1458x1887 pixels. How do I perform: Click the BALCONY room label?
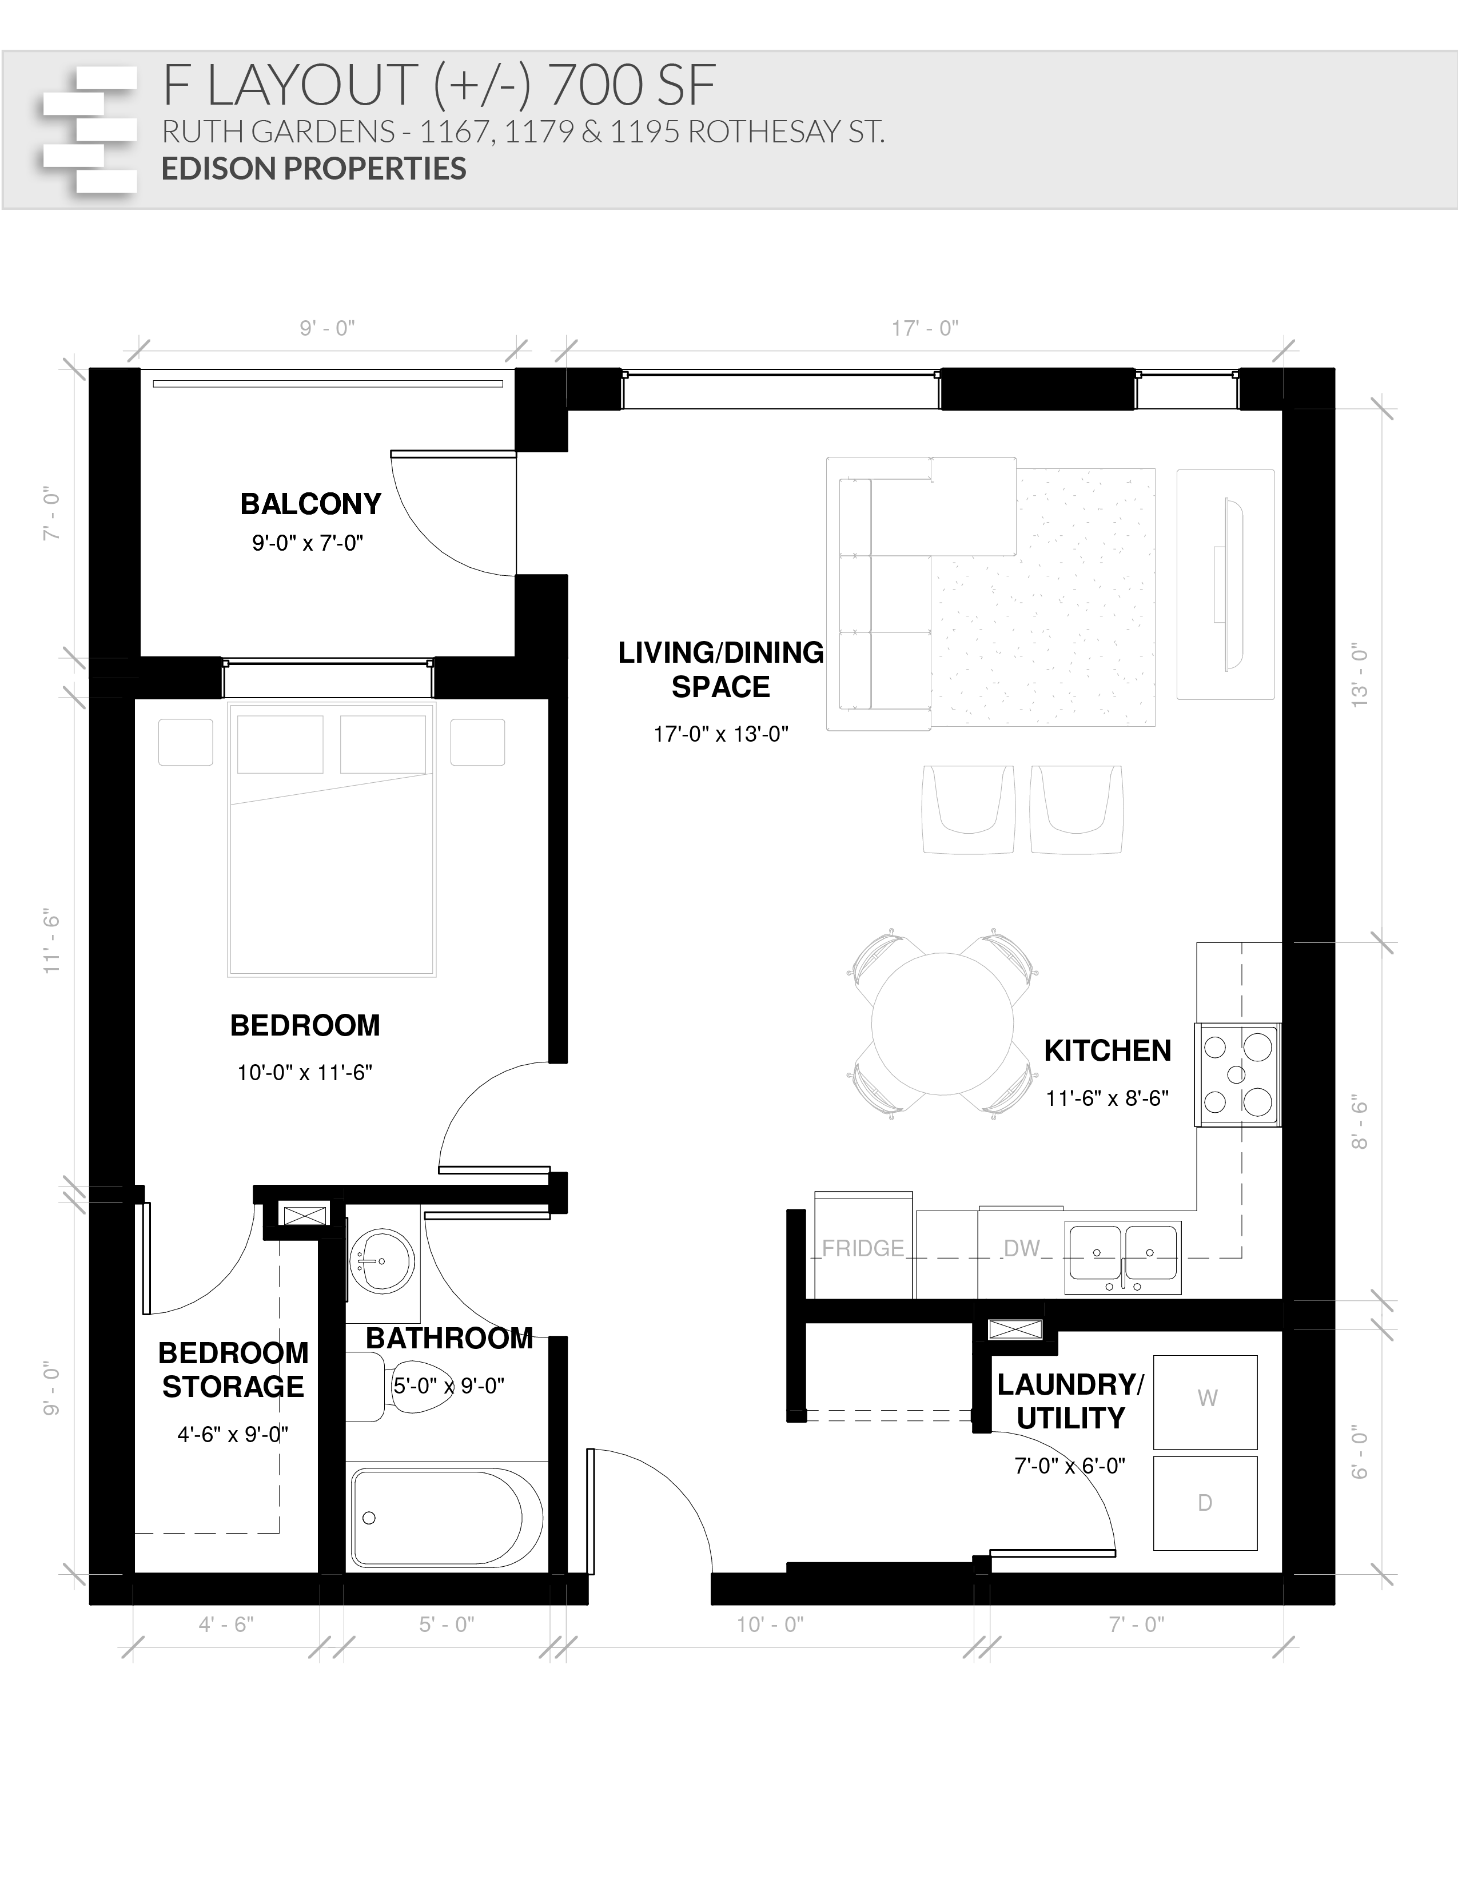click(x=310, y=504)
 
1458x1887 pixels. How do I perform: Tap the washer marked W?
click(x=1206, y=1398)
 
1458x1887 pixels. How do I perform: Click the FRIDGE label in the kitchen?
click(x=863, y=1248)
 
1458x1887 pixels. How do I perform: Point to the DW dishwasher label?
click(x=1021, y=1248)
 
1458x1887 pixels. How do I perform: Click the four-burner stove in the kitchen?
click(x=1237, y=1074)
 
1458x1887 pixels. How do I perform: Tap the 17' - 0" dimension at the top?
click(x=925, y=328)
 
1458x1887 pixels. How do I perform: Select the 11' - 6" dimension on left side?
click(x=53, y=941)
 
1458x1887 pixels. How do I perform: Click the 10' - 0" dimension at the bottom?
click(x=770, y=1625)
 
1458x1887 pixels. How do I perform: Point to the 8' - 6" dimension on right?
click(x=1360, y=1122)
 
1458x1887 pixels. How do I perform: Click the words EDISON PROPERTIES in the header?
click(x=313, y=169)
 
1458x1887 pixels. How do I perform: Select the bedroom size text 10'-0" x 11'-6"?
click(x=304, y=1072)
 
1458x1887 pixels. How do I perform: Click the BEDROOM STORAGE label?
click(x=233, y=1370)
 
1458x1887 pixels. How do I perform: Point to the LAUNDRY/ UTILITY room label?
click(x=1070, y=1400)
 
